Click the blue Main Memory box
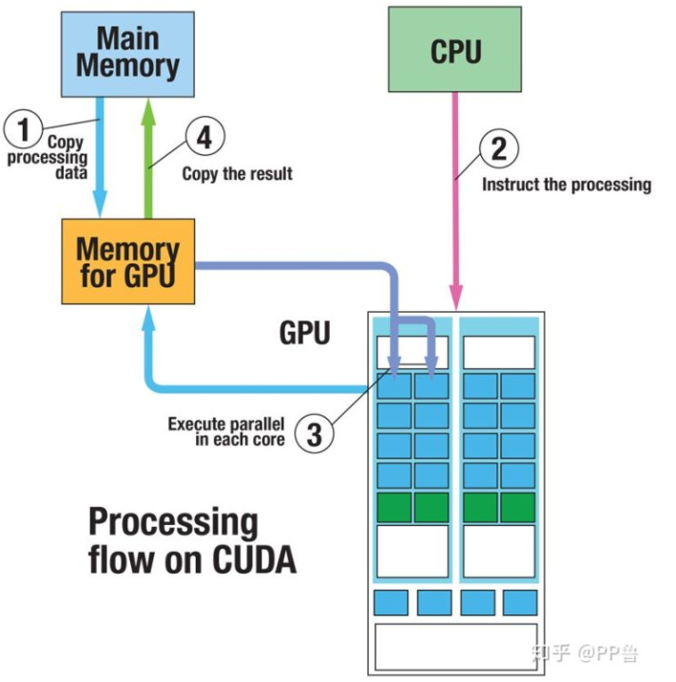pos(128,52)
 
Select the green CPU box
pos(455,50)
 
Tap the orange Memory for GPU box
pos(128,262)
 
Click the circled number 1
pos(24,126)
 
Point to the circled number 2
pos(499,148)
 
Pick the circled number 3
pos(316,434)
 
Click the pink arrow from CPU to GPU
pos(456,190)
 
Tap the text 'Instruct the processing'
pos(567,185)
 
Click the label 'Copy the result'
pos(237,174)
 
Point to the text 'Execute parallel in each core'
pos(226,432)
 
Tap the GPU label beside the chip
pos(304,332)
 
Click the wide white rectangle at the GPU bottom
pos(455,646)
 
